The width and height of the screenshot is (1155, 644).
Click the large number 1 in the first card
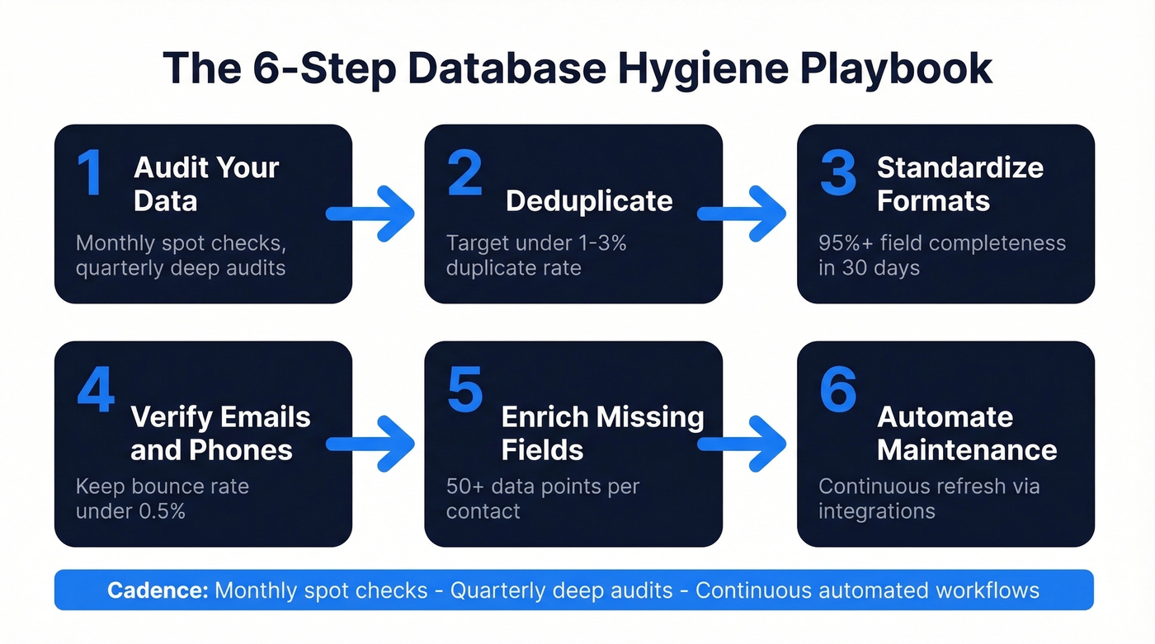[91, 173]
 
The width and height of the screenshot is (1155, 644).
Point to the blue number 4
[96, 391]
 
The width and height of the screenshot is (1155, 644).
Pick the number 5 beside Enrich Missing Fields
[464, 391]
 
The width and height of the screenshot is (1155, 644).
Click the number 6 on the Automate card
[837, 391]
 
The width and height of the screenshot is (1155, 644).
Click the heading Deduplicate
[589, 201]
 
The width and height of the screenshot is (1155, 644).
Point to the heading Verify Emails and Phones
[220, 434]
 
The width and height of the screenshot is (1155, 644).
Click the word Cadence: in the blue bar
[158, 590]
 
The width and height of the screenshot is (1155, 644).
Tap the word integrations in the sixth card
[876, 511]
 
